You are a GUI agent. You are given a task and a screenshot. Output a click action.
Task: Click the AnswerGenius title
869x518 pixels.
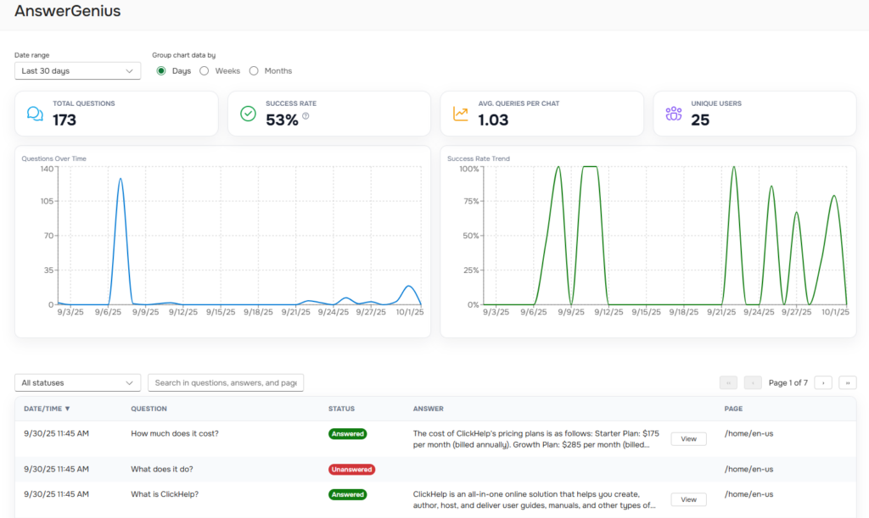click(67, 12)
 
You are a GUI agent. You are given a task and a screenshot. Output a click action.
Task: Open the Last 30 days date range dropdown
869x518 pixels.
click(77, 71)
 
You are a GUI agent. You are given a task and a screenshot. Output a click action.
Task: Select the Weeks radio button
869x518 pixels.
click(205, 71)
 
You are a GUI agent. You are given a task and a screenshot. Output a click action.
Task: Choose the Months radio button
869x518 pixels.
click(254, 71)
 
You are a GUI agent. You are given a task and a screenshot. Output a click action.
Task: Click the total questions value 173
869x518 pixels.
click(64, 120)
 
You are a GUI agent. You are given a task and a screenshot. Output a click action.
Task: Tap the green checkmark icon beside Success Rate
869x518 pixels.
click(248, 114)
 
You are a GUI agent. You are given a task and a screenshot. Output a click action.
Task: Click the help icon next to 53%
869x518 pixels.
click(306, 116)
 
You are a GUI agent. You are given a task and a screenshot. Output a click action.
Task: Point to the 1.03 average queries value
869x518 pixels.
click(493, 120)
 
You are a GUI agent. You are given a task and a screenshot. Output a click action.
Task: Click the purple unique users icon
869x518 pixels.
click(674, 114)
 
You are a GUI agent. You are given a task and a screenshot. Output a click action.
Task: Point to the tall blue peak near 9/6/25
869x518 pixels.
click(121, 180)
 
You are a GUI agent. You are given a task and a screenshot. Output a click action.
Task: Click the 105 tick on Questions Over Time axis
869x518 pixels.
click(45, 201)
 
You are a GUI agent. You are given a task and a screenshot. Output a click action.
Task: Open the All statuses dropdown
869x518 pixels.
click(77, 383)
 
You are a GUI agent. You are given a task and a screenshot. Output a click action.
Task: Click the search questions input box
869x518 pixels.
click(226, 383)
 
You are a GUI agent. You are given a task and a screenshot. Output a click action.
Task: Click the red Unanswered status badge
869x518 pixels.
click(351, 469)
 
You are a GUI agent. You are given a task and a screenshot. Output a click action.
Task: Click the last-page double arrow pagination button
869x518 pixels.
click(847, 383)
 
